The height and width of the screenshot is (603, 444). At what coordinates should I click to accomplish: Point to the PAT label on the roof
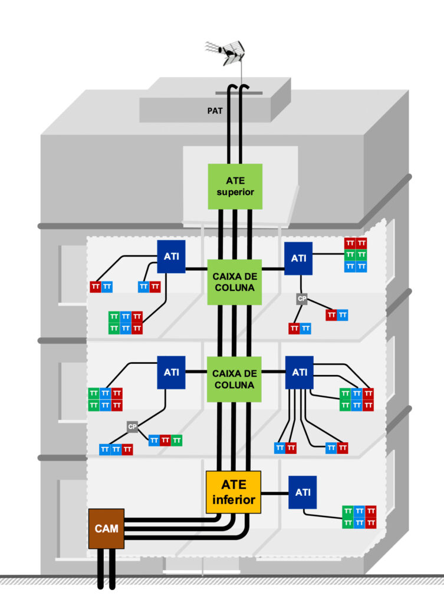(215, 110)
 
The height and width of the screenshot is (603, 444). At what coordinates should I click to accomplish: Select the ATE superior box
(235, 186)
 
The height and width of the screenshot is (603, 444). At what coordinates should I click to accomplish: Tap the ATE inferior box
(233, 492)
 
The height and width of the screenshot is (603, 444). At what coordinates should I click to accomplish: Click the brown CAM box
(106, 528)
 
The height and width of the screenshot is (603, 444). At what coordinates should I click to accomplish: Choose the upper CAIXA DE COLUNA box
(235, 281)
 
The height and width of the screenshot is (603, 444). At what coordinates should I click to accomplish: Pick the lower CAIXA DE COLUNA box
(235, 379)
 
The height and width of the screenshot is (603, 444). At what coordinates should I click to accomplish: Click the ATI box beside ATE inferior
(302, 492)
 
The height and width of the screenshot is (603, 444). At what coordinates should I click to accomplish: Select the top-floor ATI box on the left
(172, 257)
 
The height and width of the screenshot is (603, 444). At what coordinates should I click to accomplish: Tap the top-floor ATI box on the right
(298, 258)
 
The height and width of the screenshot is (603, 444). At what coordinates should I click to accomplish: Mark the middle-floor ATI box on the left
(172, 373)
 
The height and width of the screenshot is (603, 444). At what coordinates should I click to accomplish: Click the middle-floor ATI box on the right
(299, 372)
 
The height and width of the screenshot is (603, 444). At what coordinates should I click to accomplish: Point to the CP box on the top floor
(302, 299)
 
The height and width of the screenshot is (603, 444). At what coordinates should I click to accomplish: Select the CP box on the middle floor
(132, 426)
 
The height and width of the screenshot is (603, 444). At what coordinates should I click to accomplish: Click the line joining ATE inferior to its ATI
(275, 492)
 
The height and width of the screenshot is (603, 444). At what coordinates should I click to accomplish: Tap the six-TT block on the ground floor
(360, 516)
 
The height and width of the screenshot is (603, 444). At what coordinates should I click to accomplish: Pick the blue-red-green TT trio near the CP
(165, 439)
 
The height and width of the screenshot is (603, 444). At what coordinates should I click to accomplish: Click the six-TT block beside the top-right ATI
(356, 254)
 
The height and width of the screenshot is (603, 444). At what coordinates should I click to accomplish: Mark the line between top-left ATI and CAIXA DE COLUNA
(197, 270)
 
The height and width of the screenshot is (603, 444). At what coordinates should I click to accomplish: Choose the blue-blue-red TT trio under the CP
(116, 449)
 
